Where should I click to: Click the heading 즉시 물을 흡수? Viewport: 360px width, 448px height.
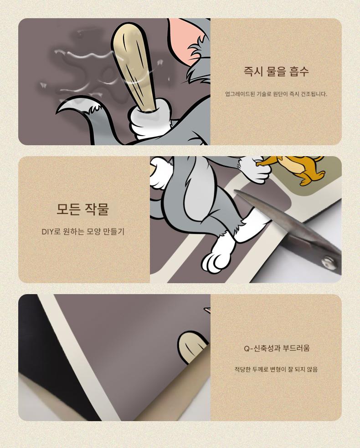(276, 71)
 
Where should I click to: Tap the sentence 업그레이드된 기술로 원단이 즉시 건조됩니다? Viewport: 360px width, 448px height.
(276, 94)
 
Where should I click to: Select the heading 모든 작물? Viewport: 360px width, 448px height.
(82, 209)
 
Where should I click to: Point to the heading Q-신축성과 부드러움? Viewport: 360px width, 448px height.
(277, 348)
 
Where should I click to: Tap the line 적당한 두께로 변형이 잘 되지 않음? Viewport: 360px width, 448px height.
(276, 369)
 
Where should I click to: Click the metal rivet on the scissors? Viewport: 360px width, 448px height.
(328, 261)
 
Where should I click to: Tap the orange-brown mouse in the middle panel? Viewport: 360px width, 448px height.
(298, 168)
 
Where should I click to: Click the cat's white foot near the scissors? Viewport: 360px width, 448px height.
(217, 255)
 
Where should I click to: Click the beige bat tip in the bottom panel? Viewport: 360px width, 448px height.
(194, 346)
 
